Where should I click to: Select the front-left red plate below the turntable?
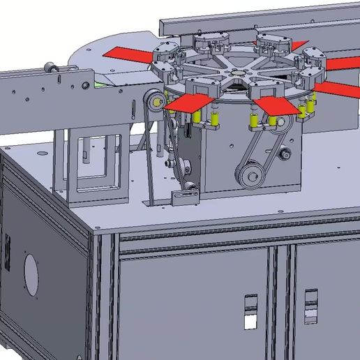(190, 103)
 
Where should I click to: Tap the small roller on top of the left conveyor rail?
(50, 68)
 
